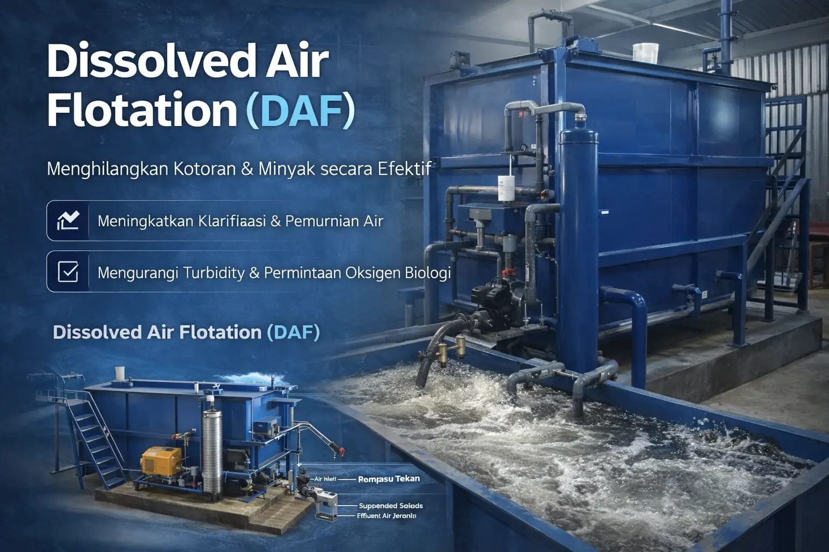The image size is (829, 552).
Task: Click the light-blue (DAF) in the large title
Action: click(300, 111)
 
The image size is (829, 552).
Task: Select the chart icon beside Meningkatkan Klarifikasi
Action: click(68, 220)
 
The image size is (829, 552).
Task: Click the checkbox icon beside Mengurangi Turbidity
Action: click(68, 272)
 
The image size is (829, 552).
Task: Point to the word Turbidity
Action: click(214, 273)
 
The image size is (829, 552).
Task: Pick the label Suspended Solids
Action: click(391, 506)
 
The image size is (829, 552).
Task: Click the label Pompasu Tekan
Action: click(389, 479)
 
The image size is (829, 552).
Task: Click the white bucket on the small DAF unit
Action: click(120, 373)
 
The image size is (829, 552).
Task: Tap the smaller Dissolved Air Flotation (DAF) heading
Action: click(186, 332)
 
